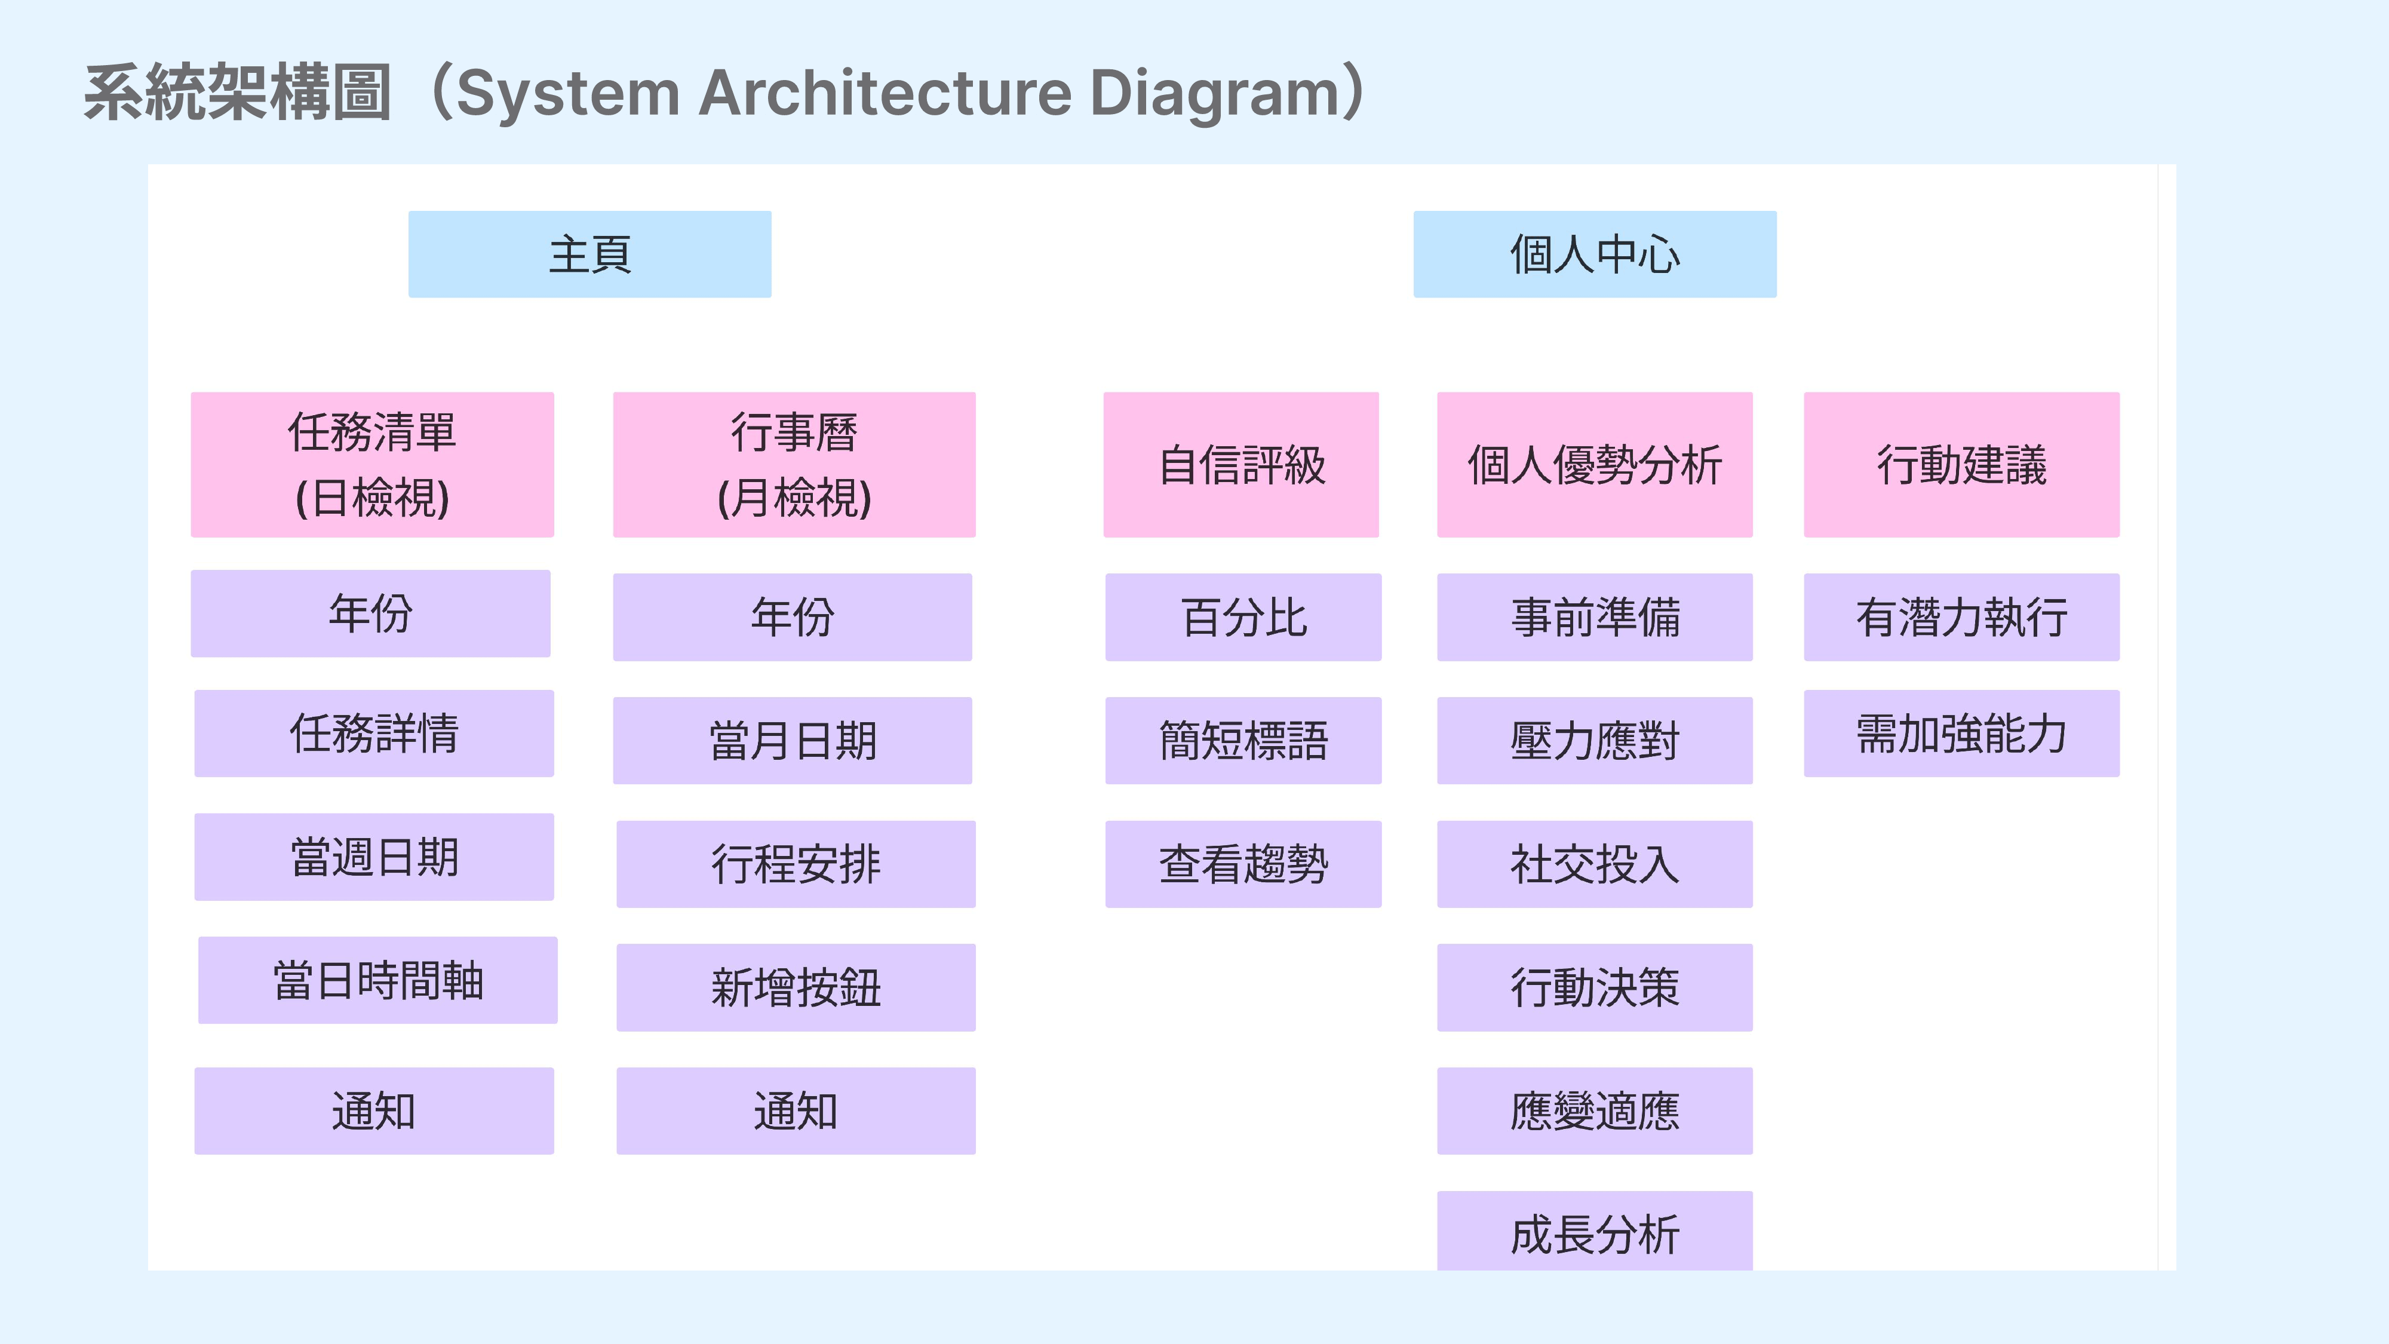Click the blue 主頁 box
(590, 254)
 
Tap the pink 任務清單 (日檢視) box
(372, 465)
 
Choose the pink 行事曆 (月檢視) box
(794, 465)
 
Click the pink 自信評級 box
(1241, 465)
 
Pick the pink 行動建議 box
(1961, 465)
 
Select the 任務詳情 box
(374, 734)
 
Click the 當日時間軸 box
(377, 980)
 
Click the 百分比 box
(1243, 618)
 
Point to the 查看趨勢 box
(1243, 864)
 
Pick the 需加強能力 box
(1961, 734)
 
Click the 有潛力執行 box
(1961, 618)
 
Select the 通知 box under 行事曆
(796, 1111)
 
